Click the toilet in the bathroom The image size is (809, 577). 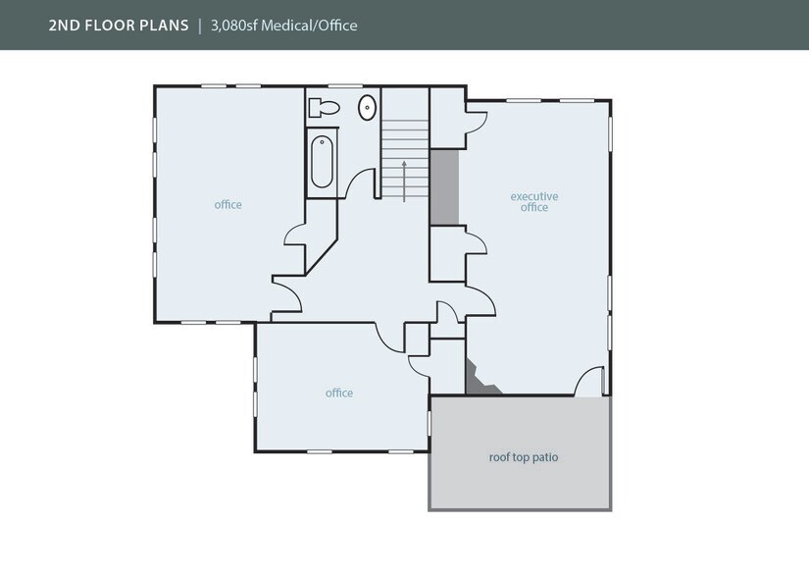pos(325,108)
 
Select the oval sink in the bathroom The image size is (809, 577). pos(367,108)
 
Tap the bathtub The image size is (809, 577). pos(323,162)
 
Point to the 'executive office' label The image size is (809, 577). pos(534,202)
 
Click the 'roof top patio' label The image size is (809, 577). pos(524,457)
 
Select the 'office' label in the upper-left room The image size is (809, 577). pos(228,205)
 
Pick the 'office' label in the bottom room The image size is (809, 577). pos(339,393)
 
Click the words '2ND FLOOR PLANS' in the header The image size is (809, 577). pos(119,25)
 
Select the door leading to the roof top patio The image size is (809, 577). pos(589,383)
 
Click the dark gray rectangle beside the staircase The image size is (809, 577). pos(444,186)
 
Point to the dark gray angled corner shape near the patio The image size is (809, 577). pos(480,381)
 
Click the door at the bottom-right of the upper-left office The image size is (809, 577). pos(286,297)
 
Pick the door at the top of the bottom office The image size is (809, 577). pos(391,338)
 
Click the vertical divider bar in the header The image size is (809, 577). pos(200,25)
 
